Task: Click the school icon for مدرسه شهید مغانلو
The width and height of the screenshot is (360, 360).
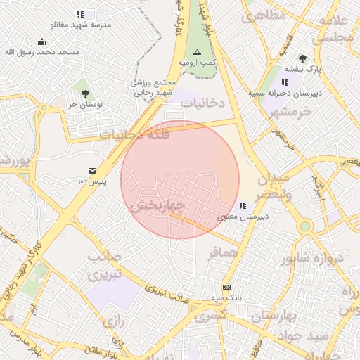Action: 80,14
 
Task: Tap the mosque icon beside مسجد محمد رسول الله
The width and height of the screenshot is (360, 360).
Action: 41,41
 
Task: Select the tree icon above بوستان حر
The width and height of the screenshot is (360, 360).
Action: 85,93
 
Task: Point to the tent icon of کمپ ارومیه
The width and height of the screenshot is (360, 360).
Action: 196,53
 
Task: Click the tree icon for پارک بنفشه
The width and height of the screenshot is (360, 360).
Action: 302,58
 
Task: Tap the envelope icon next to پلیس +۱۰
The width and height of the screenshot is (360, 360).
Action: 92,171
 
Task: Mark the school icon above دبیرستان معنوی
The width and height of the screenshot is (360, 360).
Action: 243,206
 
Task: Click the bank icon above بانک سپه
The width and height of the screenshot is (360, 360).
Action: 226,287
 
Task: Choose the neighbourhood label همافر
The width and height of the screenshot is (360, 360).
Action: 224,251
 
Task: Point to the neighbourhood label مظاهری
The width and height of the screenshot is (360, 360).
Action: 264,15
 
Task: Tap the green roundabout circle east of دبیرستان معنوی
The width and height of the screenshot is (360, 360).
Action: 304,226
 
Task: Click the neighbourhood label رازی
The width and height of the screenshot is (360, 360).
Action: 112,323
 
